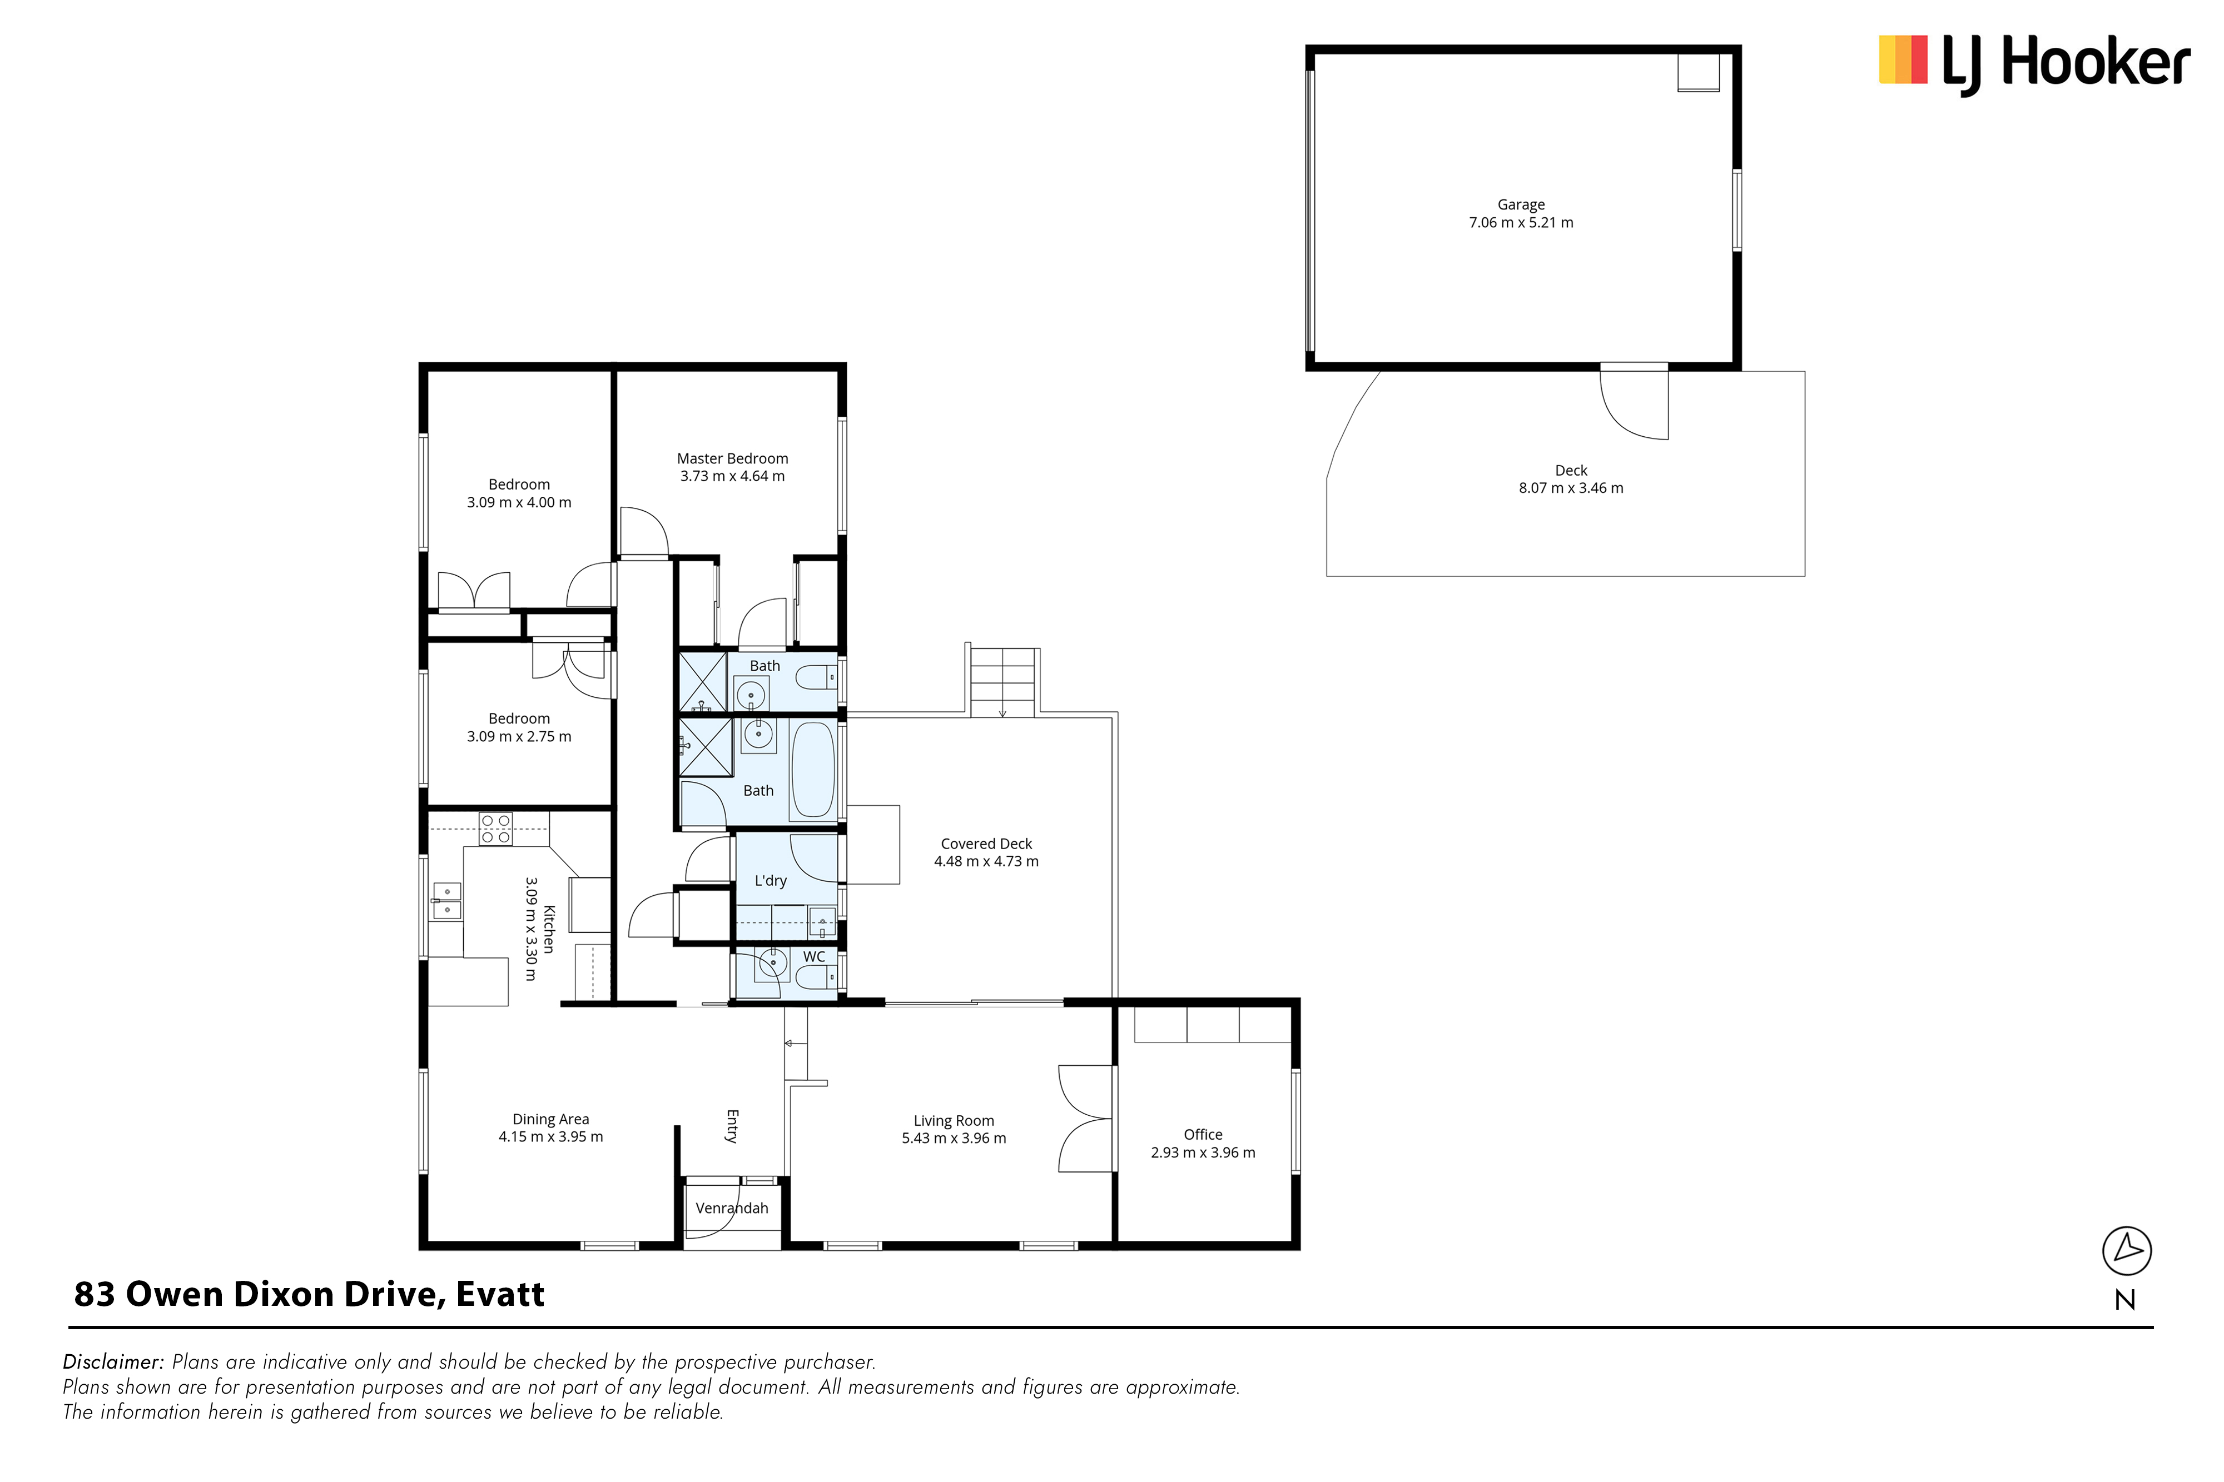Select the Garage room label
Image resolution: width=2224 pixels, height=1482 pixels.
pos(1521,204)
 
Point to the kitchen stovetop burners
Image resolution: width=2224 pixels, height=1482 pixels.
pos(495,829)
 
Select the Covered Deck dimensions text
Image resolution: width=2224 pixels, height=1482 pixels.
pos(986,861)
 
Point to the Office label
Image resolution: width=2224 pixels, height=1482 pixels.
pos(1203,1134)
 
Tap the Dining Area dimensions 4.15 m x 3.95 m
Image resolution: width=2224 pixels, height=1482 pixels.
pos(550,1137)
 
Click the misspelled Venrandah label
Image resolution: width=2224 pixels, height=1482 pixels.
pos(732,1208)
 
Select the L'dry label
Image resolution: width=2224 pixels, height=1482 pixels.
pos(771,881)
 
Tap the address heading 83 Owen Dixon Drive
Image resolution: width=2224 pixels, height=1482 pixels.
pos(309,1294)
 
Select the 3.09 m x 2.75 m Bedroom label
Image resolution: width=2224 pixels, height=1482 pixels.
pos(519,728)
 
